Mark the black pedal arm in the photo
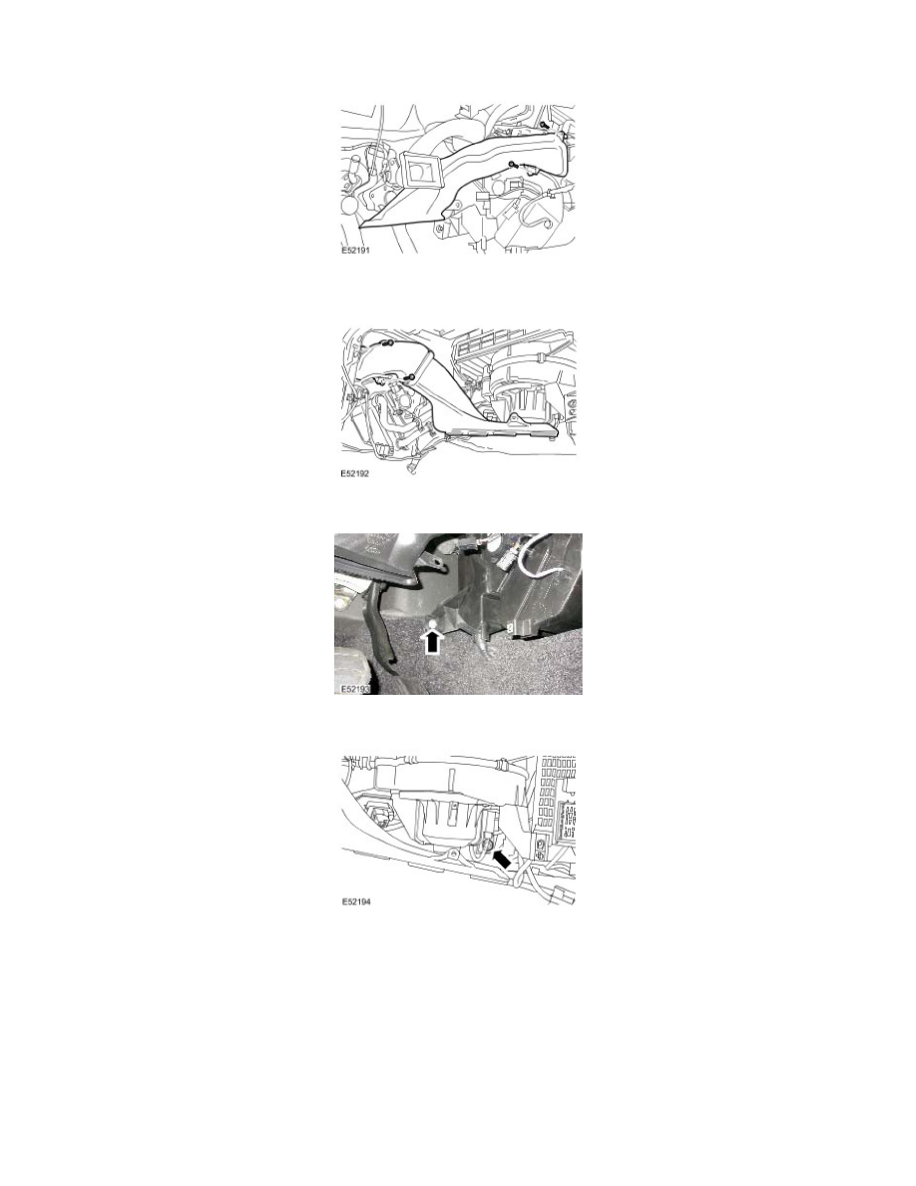pyautogui.click(x=382, y=629)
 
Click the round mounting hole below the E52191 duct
pyautogui.click(x=439, y=229)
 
